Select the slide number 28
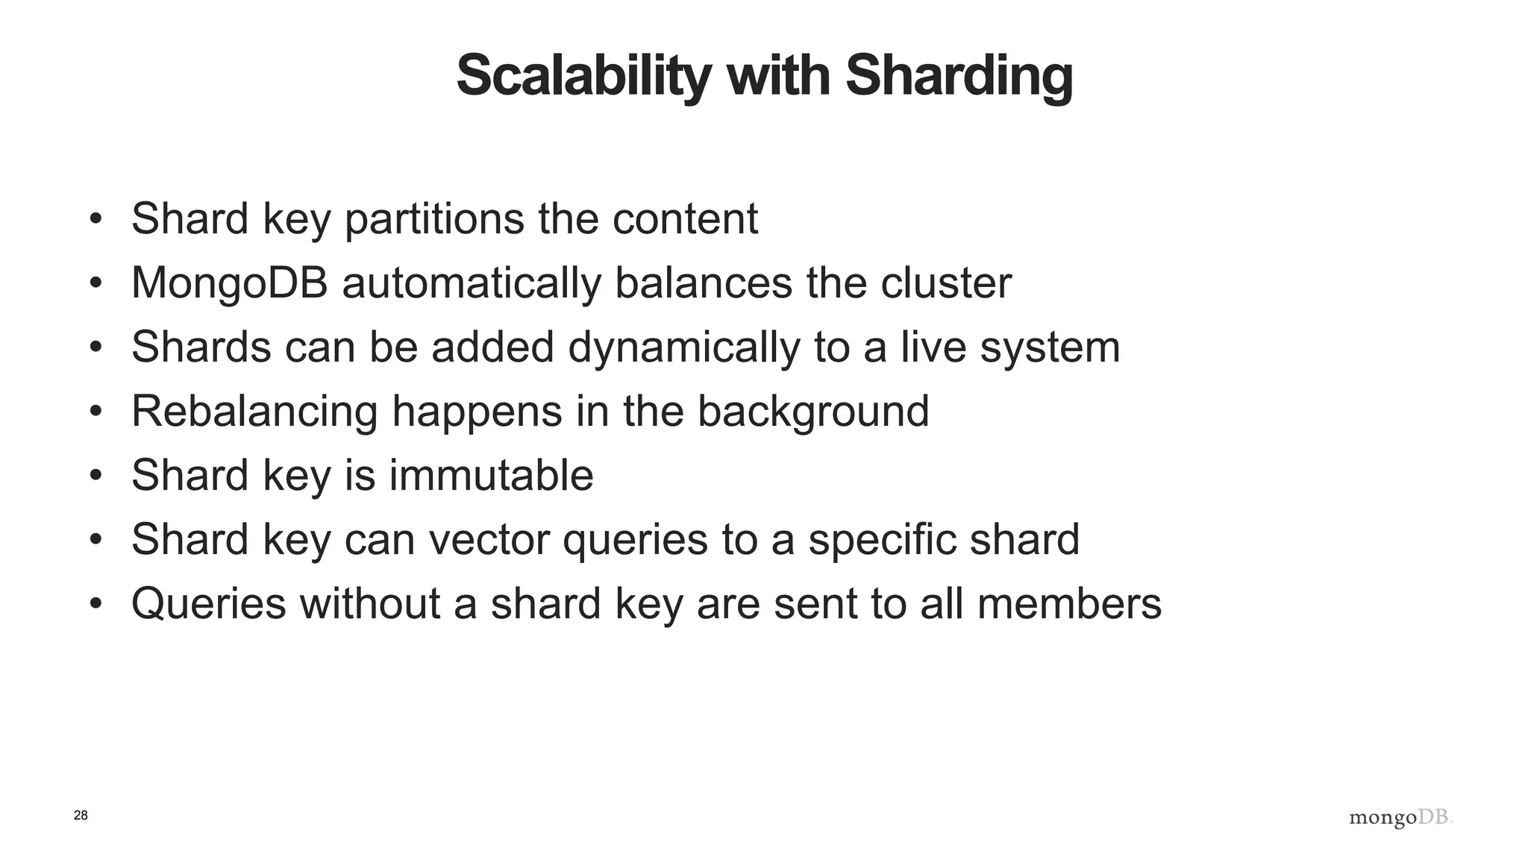click(x=81, y=815)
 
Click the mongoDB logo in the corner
click(x=1400, y=818)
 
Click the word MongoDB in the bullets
click(x=230, y=283)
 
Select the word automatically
click(x=471, y=283)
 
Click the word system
click(x=1050, y=347)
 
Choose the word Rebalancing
click(x=254, y=412)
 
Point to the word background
click(x=813, y=412)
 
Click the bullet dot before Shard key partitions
click(x=95, y=219)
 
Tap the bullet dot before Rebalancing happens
click(x=95, y=412)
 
